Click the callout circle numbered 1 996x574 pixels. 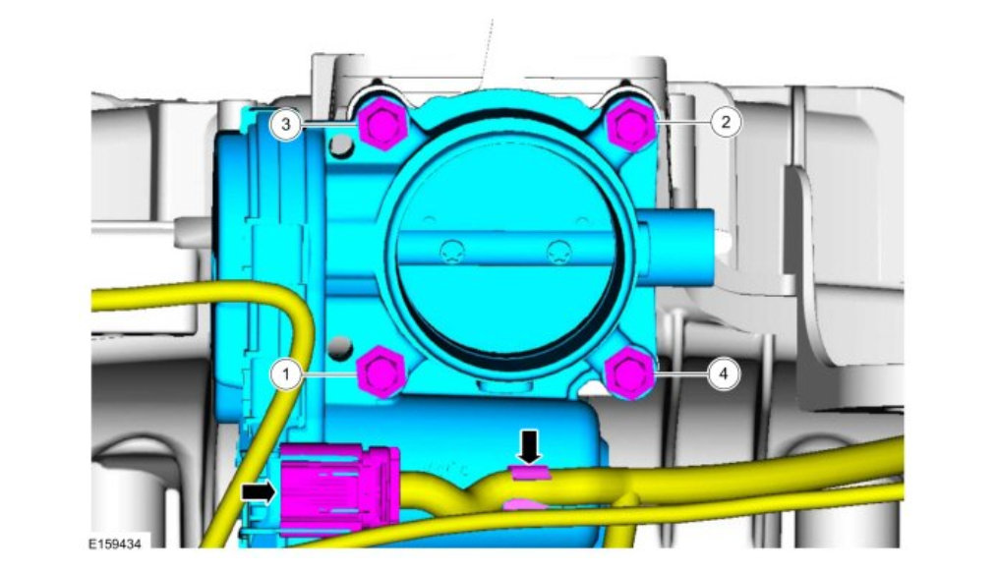click(286, 374)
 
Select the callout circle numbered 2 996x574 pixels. click(725, 121)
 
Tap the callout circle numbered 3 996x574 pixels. click(286, 124)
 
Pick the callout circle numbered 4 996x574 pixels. click(723, 373)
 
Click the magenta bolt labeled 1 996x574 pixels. click(381, 373)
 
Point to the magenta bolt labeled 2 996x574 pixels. click(631, 124)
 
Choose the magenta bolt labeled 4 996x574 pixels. click(630, 373)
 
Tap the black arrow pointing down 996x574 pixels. click(530, 447)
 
